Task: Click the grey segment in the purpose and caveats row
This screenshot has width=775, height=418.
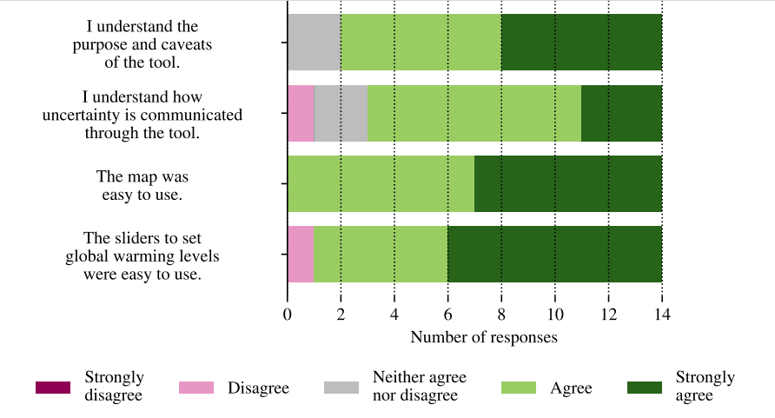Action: [314, 43]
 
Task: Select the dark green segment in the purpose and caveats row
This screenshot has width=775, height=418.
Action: [581, 43]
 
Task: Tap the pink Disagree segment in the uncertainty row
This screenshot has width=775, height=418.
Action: [301, 113]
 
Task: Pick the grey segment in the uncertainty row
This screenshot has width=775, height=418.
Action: [341, 113]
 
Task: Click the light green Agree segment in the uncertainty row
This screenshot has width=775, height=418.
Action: [474, 113]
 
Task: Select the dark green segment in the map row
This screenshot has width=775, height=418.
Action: [568, 183]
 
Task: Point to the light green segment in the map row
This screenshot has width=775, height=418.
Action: [381, 183]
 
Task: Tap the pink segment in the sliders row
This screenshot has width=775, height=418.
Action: [301, 254]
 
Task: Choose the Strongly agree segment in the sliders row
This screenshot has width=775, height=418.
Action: [554, 254]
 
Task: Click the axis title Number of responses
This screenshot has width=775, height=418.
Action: [483, 337]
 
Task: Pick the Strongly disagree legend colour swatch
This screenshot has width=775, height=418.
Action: [53, 388]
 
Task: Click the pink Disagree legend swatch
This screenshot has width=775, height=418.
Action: [196, 388]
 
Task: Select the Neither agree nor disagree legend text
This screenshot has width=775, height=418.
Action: [419, 387]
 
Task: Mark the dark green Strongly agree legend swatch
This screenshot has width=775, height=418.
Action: [644, 388]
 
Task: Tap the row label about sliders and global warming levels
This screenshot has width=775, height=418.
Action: [142, 256]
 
